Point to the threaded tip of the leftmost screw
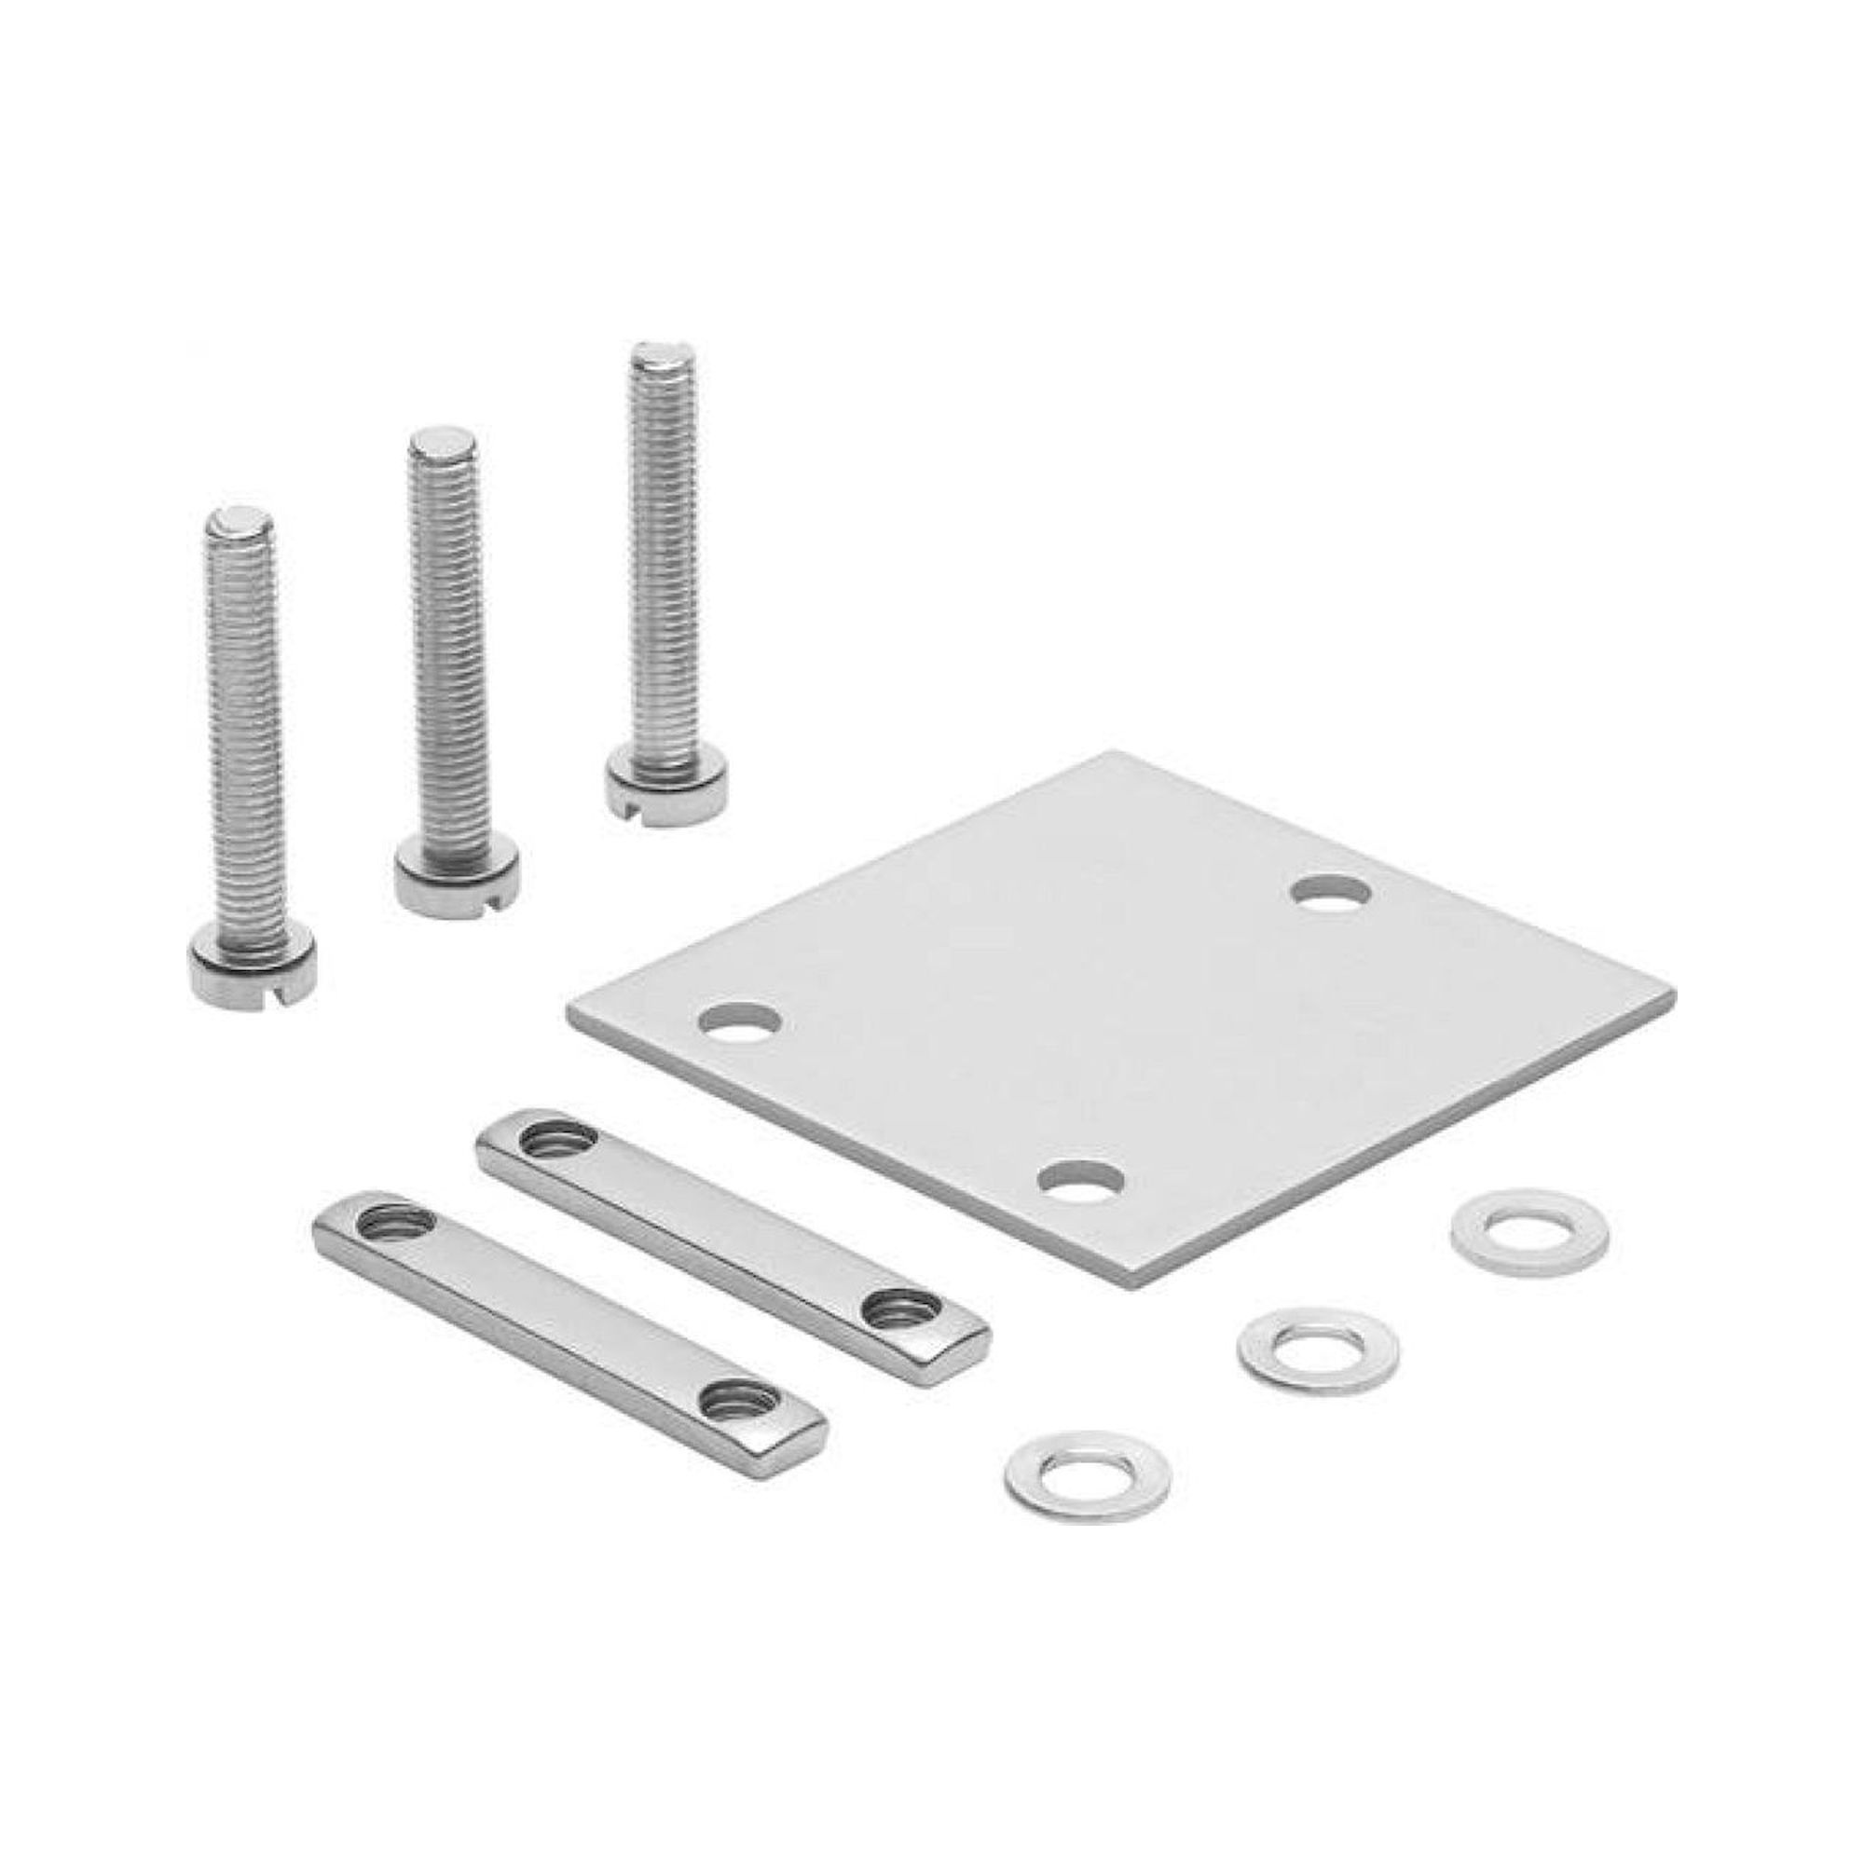[x=240, y=522]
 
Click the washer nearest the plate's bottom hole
[x=1530, y=1233]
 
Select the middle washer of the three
[x=1318, y=1349]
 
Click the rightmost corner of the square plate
[x=1667, y=994]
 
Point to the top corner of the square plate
[x=1119, y=755]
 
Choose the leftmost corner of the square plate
[x=571, y=1004]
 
